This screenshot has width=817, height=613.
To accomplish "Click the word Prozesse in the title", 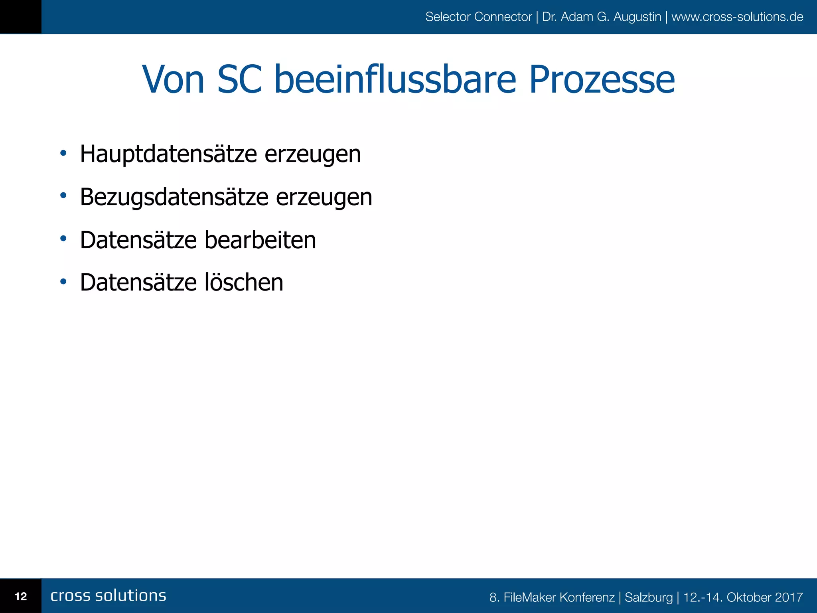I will (602, 80).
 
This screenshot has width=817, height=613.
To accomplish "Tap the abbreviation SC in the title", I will (239, 80).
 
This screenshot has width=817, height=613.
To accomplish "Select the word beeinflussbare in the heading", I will (395, 80).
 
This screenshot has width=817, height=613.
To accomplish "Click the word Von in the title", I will (173, 80).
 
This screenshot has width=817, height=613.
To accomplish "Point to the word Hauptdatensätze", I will (168, 154).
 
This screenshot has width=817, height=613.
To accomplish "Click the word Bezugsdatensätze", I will (174, 197).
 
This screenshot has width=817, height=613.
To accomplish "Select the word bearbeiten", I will (260, 240).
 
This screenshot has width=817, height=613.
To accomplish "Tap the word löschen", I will (244, 283).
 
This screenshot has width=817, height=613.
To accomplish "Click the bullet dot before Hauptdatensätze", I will (63, 153).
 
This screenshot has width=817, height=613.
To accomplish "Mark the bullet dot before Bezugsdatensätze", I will (63, 196).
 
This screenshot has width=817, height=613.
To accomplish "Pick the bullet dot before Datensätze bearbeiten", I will (63, 239).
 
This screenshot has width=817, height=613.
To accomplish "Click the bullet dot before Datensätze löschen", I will (63, 282).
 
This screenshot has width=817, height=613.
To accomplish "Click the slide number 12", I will (21, 596).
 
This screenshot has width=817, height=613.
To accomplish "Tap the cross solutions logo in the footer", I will (108, 595).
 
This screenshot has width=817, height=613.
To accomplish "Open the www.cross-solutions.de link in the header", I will (737, 17).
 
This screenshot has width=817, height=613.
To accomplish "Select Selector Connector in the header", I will (478, 17).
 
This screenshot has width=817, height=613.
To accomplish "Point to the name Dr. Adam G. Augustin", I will (602, 17).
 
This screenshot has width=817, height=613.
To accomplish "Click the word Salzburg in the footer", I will (649, 597).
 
